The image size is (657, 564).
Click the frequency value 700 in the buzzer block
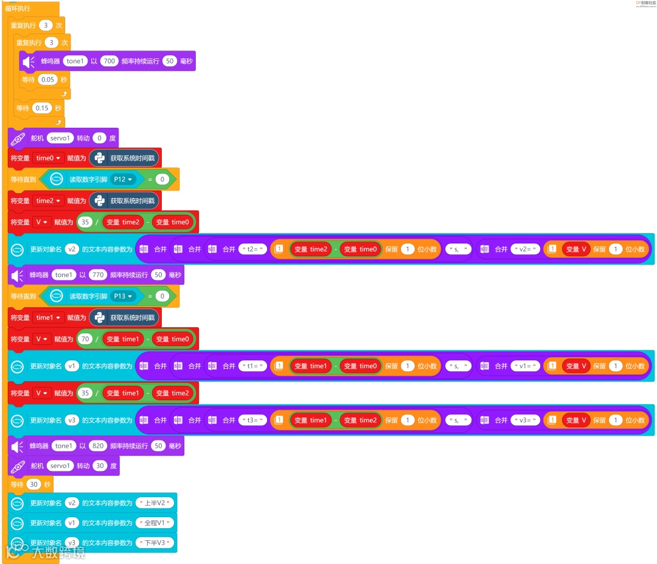click(x=109, y=61)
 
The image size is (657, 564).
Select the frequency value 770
click(x=97, y=275)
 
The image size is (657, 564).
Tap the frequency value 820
click(x=97, y=446)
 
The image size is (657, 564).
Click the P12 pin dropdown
click(x=123, y=179)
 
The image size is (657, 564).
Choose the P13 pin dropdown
click(x=123, y=296)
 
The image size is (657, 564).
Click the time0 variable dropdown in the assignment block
click(x=49, y=158)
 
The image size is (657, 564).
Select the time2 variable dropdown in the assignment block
click(x=49, y=201)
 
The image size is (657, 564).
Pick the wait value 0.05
click(x=47, y=80)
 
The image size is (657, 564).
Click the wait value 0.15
click(x=42, y=108)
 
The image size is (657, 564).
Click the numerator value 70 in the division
click(x=85, y=339)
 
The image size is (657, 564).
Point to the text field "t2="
click(x=253, y=249)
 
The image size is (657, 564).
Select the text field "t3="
click(x=253, y=420)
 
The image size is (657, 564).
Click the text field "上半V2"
click(x=156, y=503)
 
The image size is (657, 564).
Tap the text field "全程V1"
click(x=156, y=523)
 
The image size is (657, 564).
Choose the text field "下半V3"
click(x=156, y=543)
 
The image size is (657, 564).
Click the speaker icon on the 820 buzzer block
click(x=18, y=447)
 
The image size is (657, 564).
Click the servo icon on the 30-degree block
click(x=18, y=466)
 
